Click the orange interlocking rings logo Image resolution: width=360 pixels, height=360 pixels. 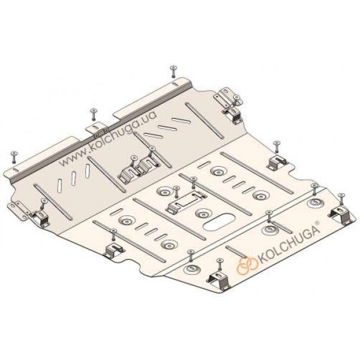[x=247, y=265]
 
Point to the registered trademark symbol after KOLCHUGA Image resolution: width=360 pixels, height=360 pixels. [x=317, y=223]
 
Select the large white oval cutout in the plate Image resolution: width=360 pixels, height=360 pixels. [x=218, y=223]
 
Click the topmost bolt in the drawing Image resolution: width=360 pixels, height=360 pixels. [x=173, y=71]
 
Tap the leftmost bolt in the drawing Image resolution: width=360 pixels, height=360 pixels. [x=14, y=157]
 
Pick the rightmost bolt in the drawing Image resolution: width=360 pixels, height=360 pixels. [x=341, y=199]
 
